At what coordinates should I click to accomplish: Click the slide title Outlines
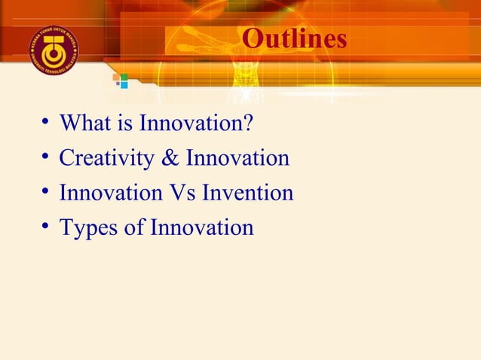(295, 38)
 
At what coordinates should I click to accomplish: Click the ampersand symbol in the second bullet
(172, 158)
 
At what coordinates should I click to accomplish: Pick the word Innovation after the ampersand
(237, 158)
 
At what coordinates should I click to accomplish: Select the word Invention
(249, 193)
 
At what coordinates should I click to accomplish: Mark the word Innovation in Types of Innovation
(201, 227)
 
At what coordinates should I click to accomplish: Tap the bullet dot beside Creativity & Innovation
(46, 157)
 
